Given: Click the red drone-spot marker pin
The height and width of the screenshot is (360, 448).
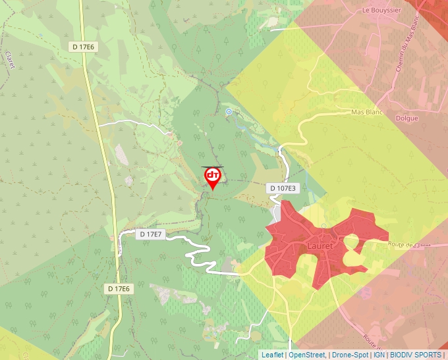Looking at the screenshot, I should click(x=213, y=177).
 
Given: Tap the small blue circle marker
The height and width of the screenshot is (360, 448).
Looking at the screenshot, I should click(x=229, y=112).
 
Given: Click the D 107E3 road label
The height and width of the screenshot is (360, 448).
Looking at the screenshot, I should click(x=283, y=188).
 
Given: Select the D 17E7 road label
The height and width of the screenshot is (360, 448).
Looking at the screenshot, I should click(x=150, y=234).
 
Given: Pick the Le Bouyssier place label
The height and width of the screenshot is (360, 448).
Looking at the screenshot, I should click(x=381, y=11).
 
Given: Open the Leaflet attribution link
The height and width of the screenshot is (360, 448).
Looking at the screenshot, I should click(x=272, y=355).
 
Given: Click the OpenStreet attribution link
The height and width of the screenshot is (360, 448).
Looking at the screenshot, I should click(x=307, y=355).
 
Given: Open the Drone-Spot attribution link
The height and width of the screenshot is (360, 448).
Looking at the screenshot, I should click(x=350, y=355).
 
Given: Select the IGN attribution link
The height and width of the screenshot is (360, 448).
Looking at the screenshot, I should click(x=379, y=355).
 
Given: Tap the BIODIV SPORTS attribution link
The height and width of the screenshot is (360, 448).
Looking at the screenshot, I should click(x=416, y=355).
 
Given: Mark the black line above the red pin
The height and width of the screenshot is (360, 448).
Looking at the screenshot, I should click(x=212, y=167).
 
